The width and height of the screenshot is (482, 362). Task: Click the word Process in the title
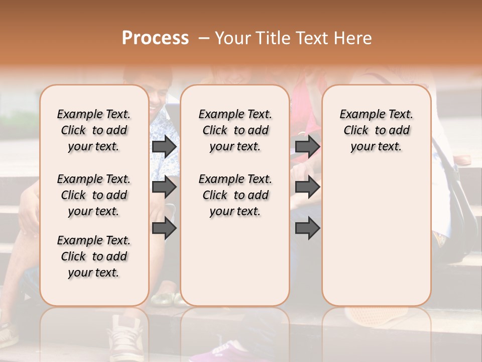click(155, 38)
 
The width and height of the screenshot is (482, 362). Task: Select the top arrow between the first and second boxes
click(164, 146)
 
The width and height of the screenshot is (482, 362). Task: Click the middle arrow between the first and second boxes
click(164, 188)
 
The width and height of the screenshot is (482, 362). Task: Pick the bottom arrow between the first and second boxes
click(164, 229)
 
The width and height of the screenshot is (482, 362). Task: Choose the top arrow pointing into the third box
click(307, 146)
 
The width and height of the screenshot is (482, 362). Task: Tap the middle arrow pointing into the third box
click(307, 188)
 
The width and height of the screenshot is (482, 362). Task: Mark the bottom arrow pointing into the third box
click(307, 229)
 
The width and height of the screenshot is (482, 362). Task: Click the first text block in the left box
click(94, 130)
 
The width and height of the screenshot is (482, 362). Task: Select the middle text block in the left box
click(94, 195)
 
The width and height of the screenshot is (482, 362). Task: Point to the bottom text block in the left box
click(94, 256)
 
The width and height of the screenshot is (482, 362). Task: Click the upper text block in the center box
click(235, 130)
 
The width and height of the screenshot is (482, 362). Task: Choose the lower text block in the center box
click(235, 195)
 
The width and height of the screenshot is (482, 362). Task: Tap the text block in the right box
click(376, 130)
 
